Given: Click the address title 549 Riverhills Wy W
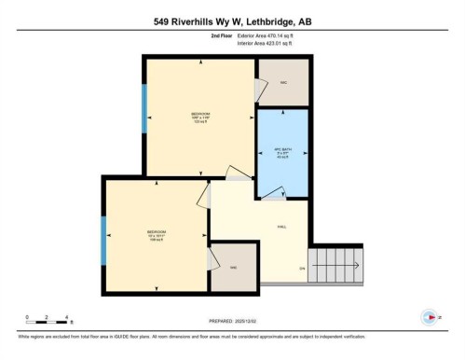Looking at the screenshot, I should (231, 20).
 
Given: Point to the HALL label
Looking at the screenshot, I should (281, 228).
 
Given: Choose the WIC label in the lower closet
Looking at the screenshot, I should (233, 268).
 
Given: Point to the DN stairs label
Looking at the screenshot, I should (302, 269).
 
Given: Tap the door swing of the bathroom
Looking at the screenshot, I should (273, 191).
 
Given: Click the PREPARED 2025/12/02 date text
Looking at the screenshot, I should (231, 318).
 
